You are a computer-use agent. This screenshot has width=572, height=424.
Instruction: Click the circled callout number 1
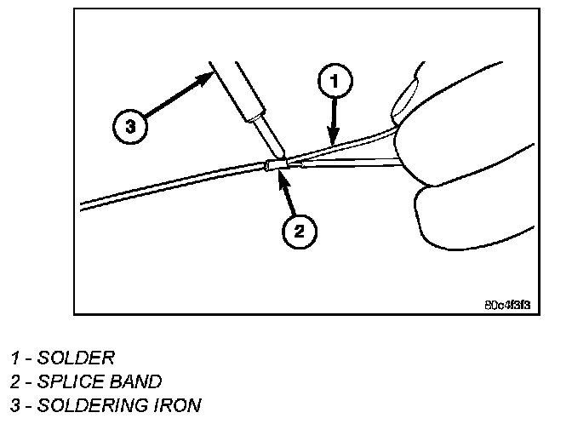(x=335, y=83)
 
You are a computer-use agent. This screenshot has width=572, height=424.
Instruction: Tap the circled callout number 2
(x=300, y=229)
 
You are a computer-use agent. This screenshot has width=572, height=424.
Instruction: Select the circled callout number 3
(x=130, y=127)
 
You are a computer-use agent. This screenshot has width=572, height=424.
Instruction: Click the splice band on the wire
(x=275, y=165)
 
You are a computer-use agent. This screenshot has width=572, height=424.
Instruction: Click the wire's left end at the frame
(x=83, y=204)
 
